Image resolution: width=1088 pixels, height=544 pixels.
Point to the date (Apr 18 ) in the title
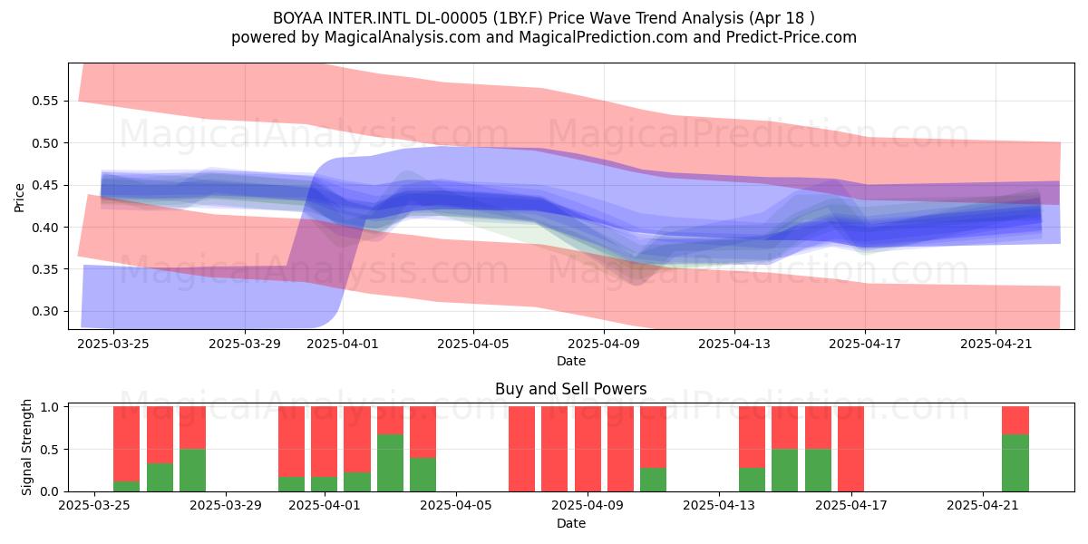point(782,18)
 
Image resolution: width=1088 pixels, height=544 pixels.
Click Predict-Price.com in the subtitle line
point(792,37)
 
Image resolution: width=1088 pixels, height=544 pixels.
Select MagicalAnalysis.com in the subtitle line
point(403,37)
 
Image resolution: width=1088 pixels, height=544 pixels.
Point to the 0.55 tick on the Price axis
point(44,101)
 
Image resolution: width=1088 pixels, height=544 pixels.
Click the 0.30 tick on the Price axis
point(44,311)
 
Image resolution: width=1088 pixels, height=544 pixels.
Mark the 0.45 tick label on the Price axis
point(44,185)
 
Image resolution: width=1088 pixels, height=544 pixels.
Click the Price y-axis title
point(19,198)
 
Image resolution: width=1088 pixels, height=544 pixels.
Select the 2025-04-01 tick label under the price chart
point(343,344)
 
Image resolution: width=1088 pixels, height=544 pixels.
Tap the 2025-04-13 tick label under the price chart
point(734,344)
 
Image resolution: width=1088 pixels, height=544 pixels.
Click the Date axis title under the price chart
point(571,361)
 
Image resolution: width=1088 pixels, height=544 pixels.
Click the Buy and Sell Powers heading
point(570,389)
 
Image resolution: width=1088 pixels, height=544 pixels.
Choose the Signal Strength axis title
point(26,447)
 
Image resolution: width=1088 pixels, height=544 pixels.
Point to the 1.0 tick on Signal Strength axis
point(49,407)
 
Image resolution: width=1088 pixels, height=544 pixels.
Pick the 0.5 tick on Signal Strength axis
point(49,450)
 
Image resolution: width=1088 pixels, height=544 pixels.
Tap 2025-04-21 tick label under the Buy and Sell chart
point(983,505)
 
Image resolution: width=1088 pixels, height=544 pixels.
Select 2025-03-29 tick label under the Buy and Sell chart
point(226,505)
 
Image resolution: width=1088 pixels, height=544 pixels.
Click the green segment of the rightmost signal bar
point(1015,463)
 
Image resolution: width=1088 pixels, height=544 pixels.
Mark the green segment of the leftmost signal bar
point(126,486)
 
